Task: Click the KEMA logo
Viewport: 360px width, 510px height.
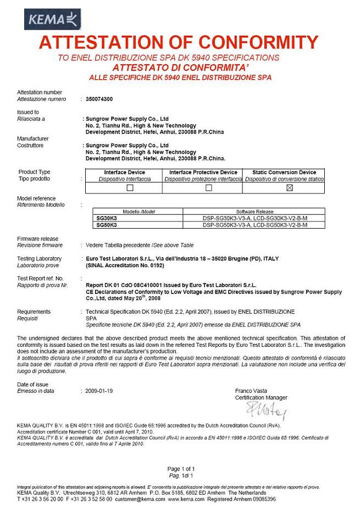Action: [x=53, y=20]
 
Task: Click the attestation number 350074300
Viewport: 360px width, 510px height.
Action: [x=97, y=99]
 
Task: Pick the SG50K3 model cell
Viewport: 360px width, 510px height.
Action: [x=104, y=225]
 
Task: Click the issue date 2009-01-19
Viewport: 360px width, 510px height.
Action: [x=99, y=391]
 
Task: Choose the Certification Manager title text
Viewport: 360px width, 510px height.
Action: [x=261, y=397]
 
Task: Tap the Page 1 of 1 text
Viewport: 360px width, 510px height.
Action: [x=181, y=468]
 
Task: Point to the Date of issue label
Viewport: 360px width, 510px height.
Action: [x=33, y=384]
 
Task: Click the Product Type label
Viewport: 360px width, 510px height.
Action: [x=34, y=172]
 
